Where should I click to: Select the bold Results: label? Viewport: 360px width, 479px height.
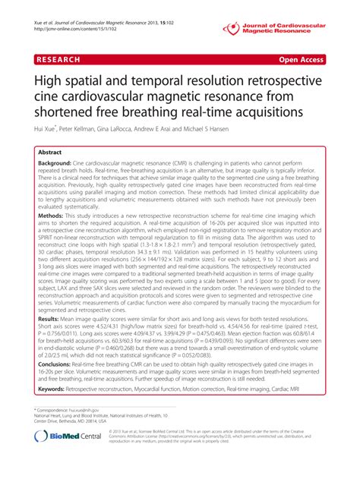click(x=52, y=342)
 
